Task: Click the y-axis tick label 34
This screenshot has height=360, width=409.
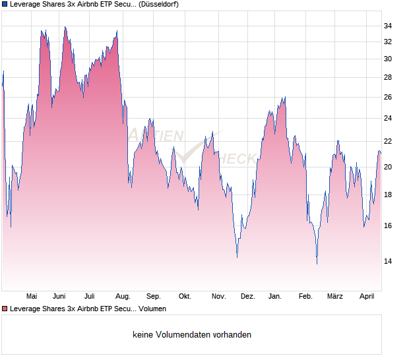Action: (388, 26)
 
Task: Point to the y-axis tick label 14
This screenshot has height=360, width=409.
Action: (388, 262)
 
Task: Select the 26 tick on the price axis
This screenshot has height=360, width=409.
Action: (388, 98)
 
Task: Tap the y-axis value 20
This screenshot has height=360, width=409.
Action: (388, 167)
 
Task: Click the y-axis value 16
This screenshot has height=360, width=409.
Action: (388, 226)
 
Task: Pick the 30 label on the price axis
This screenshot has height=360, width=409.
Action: (388, 59)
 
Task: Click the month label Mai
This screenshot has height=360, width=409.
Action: (31, 297)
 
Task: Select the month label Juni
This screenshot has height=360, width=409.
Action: (59, 297)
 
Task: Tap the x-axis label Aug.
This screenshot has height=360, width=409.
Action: (123, 297)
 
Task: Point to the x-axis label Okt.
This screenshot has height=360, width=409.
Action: (185, 297)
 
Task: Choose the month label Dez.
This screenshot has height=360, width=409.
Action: (248, 297)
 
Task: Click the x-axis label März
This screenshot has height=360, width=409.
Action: (336, 297)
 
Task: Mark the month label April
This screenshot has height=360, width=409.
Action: (367, 297)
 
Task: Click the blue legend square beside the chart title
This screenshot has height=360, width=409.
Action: (5, 4)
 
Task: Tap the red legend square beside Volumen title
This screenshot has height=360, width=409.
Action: (5, 309)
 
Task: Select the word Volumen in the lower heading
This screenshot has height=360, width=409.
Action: (153, 309)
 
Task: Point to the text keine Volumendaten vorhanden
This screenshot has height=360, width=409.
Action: (192, 335)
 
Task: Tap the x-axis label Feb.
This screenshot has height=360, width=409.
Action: (305, 297)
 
